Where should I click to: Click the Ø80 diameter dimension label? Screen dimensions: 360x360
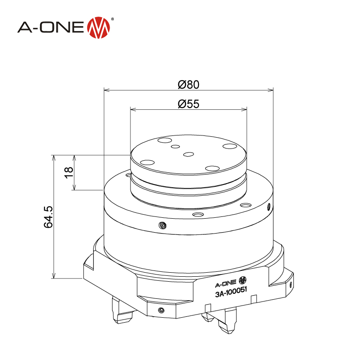click(x=189, y=85)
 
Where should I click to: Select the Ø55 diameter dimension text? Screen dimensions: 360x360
click(x=189, y=104)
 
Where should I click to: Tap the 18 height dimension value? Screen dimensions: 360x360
click(x=69, y=173)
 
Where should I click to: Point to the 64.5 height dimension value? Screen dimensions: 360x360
click(x=49, y=217)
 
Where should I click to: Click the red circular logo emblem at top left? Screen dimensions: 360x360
click(x=99, y=27)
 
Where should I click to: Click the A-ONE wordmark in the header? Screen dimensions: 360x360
click(x=51, y=27)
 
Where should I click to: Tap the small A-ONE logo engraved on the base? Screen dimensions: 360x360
click(x=231, y=282)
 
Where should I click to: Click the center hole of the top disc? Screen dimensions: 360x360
click(x=189, y=154)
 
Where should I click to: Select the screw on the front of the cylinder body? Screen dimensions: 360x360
click(x=162, y=225)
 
